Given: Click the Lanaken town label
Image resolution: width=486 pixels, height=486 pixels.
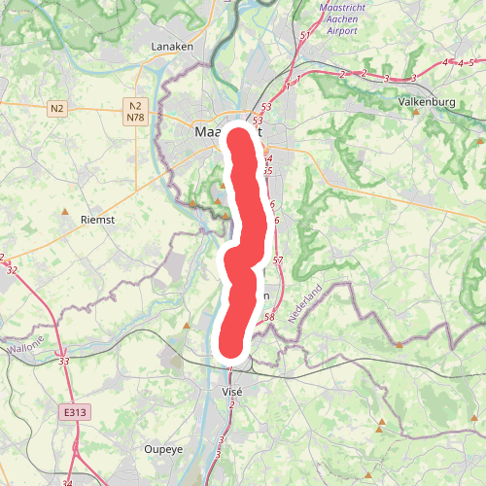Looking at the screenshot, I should pos(174,46).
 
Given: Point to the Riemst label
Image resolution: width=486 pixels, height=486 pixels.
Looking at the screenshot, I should pos(97,221).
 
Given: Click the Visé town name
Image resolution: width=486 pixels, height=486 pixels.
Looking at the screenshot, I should pos(231,390).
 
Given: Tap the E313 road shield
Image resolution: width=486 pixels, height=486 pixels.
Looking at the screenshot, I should pos(71,413).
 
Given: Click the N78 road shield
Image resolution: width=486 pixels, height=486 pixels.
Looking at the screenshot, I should pos(136,118).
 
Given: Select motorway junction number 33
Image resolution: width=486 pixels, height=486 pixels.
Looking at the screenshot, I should pos(64,362).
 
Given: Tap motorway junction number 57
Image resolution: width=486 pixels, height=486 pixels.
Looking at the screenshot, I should pos(278,260).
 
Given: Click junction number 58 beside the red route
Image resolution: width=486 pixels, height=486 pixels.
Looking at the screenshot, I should pos(269,317).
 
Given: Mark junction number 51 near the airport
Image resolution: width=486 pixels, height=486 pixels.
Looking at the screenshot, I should pos(304,36).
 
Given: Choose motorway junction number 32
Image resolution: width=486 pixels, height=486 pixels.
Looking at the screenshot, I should pos(12,270).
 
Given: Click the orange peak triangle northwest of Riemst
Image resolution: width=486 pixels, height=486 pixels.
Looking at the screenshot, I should pos(65,210).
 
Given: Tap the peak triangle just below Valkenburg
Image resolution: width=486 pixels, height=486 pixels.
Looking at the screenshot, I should pos(416,112).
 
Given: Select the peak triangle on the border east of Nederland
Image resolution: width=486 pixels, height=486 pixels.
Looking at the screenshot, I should pos(399,344).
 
